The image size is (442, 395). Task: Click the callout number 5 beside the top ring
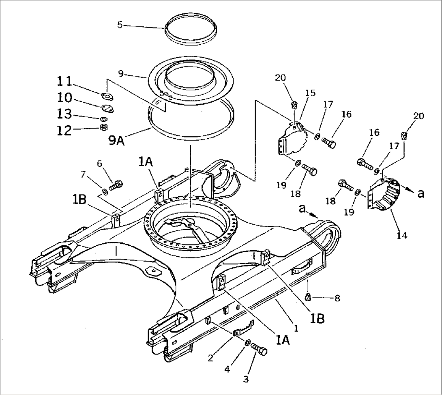(x=119, y=25)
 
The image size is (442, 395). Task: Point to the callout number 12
(x=64, y=130)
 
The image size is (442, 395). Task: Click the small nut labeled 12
(x=103, y=128)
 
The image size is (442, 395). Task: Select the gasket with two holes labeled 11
(x=107, y=97)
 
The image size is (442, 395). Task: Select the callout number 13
(x=64, y=114)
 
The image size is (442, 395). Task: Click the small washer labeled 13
(x=103, y=119)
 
